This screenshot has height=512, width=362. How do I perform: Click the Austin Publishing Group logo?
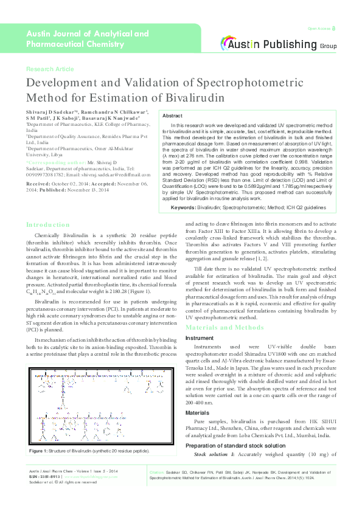point(279,44)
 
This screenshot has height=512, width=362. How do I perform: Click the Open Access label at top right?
point(320,29)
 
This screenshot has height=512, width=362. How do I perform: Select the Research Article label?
point(50,69)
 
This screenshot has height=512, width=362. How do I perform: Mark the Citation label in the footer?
point(156,488)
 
